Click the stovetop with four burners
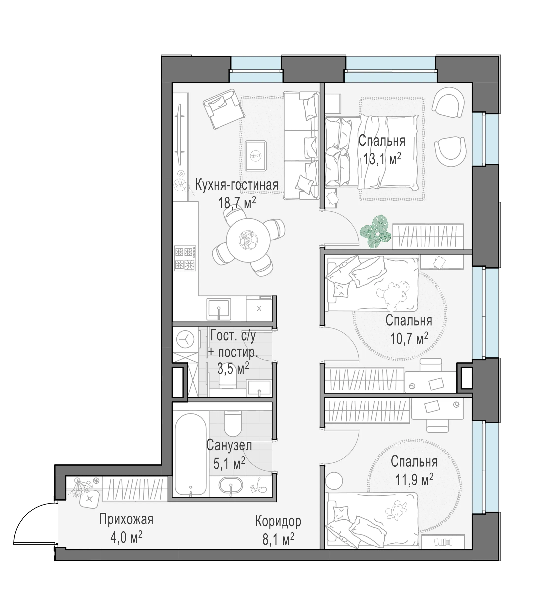[185, 258]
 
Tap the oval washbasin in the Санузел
[231, 486]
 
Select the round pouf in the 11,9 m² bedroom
[334, 481]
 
